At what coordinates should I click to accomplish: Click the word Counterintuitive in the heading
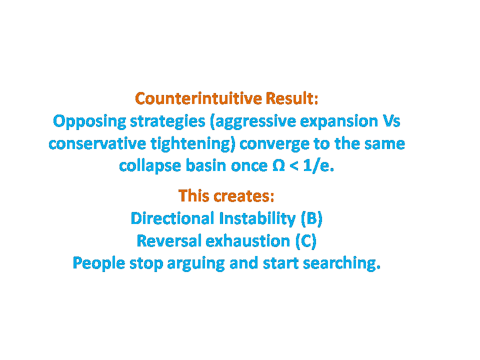click(x=198, y=98)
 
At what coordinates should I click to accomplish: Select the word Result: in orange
click(x=292, y=98)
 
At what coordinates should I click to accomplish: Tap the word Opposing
click(x=89, y=121)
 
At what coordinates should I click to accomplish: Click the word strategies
click(x=168, y=121)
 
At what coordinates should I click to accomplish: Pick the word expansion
click(x=339, y=121)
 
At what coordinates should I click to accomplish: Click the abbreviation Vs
click(x=391, y=121)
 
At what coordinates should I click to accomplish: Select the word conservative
click(x=97, y=144)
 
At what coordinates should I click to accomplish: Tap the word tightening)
click(x=193, y=144)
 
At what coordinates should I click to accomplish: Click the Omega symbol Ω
click(x=278, y=166)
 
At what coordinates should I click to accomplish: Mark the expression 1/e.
click(x=318, y=166)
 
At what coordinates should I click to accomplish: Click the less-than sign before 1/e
click(x=294, y=166)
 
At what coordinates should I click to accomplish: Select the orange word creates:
click(x=243, y=196)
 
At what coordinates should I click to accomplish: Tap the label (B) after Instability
click(x=311, y=218)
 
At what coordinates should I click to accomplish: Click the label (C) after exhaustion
click(x=306, y=241)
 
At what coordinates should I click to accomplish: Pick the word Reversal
click(x=169, y=241)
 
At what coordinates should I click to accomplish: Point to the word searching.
click(x=341, y=263)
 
